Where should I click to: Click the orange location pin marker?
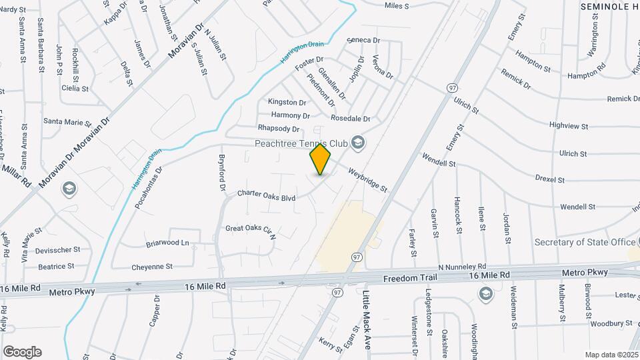[x=320, y=159]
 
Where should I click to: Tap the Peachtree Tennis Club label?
[x=301, y=143]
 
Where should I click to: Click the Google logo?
[x=22, y=352]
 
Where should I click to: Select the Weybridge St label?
[x=367, y=180]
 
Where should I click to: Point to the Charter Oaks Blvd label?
[x=266, y=197]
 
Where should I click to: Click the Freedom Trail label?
[x=409, y=277]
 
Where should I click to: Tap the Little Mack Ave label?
[x=367, y=319]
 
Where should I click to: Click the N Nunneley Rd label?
[x=461, y=266]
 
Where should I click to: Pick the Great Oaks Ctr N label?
[x=251, y=230]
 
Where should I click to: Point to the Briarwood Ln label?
[x=167, y=243]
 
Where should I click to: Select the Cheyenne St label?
[x=151, y=266]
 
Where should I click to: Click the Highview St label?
[x=568, y=125]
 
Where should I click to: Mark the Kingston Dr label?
[x=287, y=102]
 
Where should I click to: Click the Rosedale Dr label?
[x=350, y=118]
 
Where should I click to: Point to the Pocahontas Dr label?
[x=148, y=189]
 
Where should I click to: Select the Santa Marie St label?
[x=67, y=122]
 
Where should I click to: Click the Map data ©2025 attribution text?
[x=611, y=355]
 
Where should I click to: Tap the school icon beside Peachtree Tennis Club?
[x=359, y=142]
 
